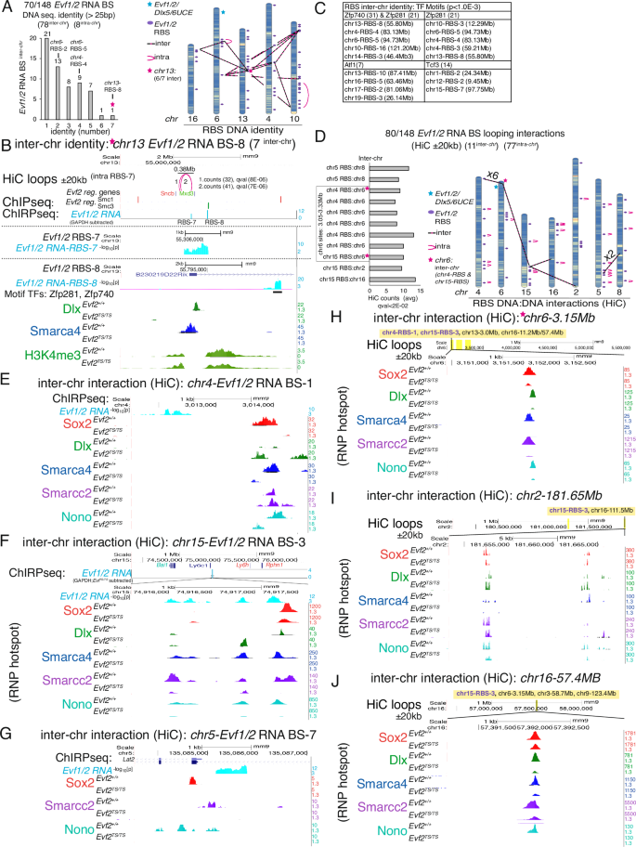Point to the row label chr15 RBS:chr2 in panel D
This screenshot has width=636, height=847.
[x=345, y=264]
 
